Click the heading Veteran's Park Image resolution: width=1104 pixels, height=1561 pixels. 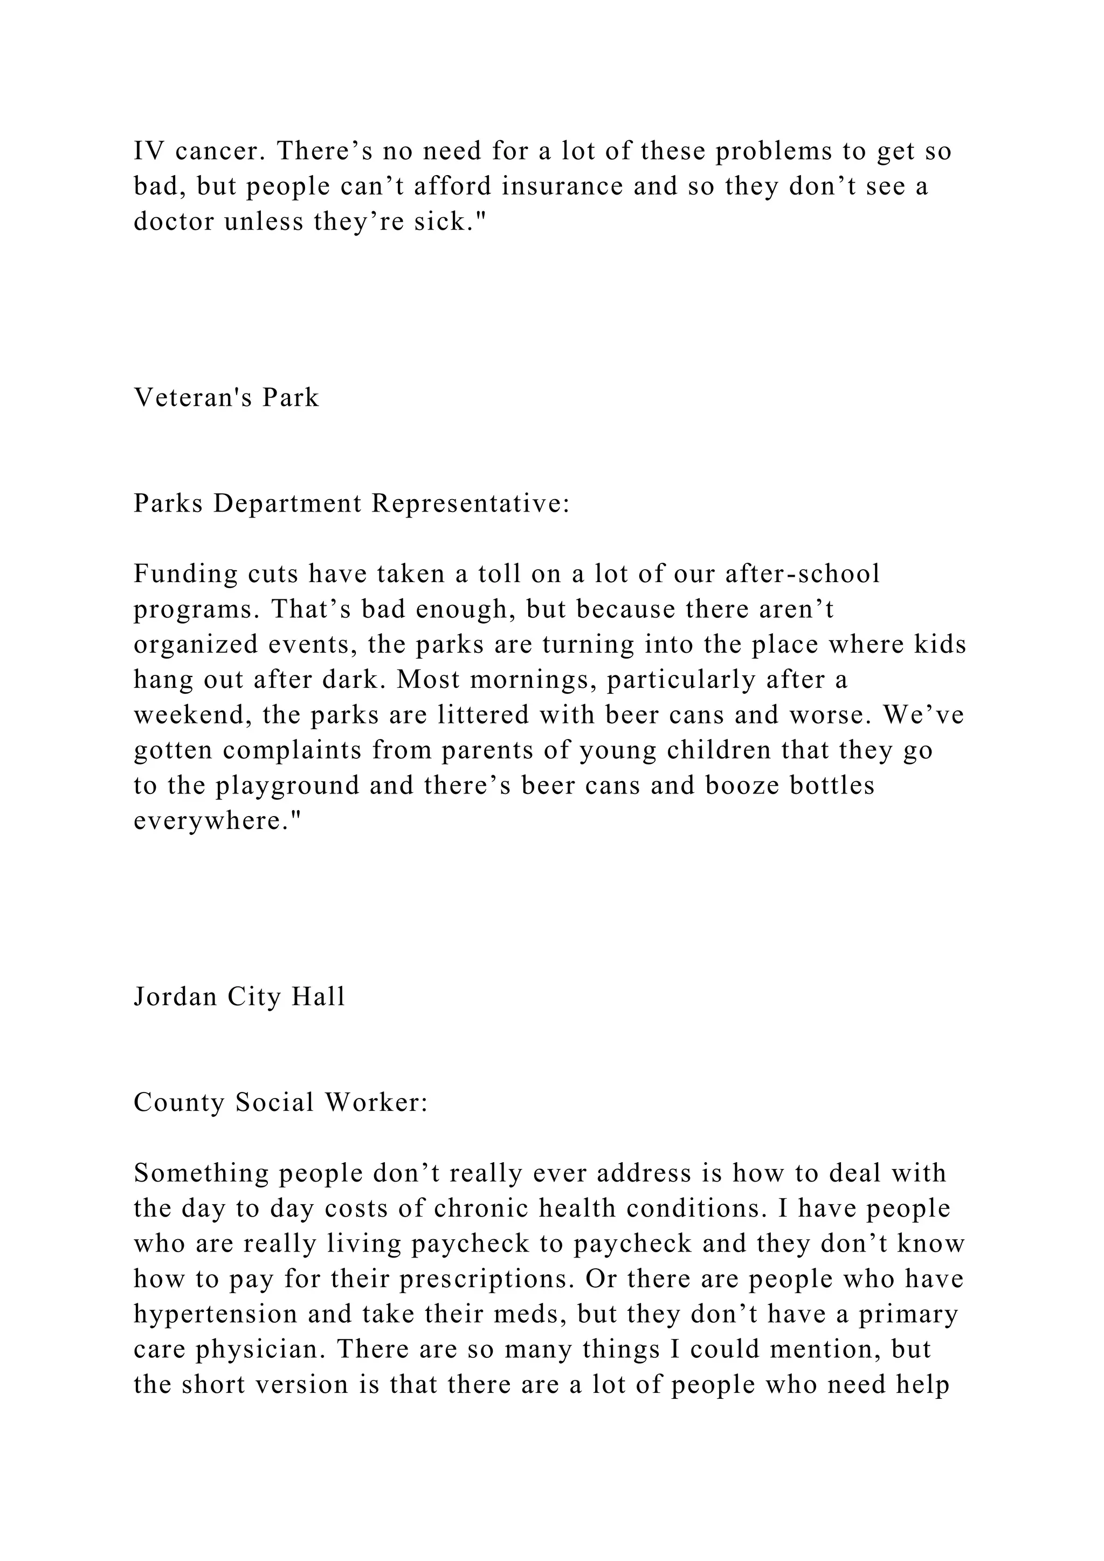click(226, 398)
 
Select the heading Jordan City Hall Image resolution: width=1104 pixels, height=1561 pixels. click(239, 997)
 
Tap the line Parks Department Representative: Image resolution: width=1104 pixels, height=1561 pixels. click(351, 504)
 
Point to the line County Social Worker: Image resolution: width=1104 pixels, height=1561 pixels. click(281, 1103)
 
